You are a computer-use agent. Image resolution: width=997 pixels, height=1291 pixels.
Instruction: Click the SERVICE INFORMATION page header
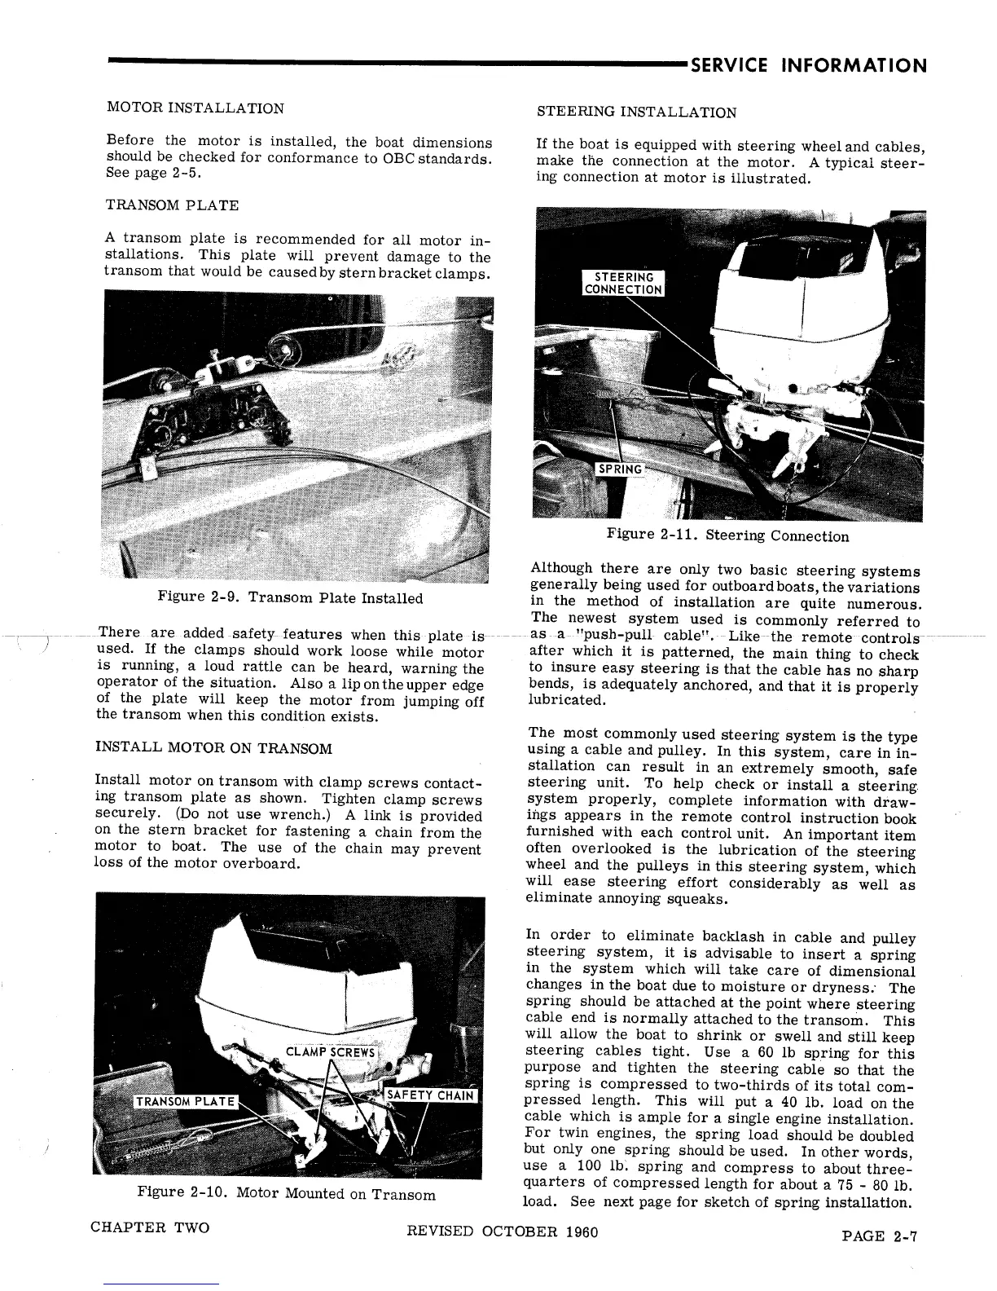click(808, 65)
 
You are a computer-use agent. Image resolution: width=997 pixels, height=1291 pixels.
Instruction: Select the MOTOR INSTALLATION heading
click(195, 108)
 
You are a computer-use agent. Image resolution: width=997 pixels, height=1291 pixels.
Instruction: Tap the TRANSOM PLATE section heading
click(172, 205)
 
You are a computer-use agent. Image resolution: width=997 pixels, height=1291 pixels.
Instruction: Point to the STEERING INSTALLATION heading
click(636, 112)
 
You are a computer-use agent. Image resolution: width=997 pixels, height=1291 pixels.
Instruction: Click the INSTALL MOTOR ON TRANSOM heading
click(213, 748)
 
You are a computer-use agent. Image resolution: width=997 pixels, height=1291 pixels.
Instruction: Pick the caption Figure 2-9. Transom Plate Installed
click(290, 598)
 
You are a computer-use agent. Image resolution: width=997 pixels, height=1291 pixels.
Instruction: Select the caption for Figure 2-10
click(286, 1194)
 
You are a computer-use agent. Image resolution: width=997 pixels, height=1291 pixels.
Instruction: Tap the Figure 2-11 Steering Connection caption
click(727, 536)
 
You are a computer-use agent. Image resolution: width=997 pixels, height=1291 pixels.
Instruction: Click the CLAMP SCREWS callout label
click(330, 1051)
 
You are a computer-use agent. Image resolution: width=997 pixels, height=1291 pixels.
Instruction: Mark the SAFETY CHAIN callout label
click(429, 1095)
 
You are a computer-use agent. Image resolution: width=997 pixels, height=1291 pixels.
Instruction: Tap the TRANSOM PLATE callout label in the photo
click(186, 1103)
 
